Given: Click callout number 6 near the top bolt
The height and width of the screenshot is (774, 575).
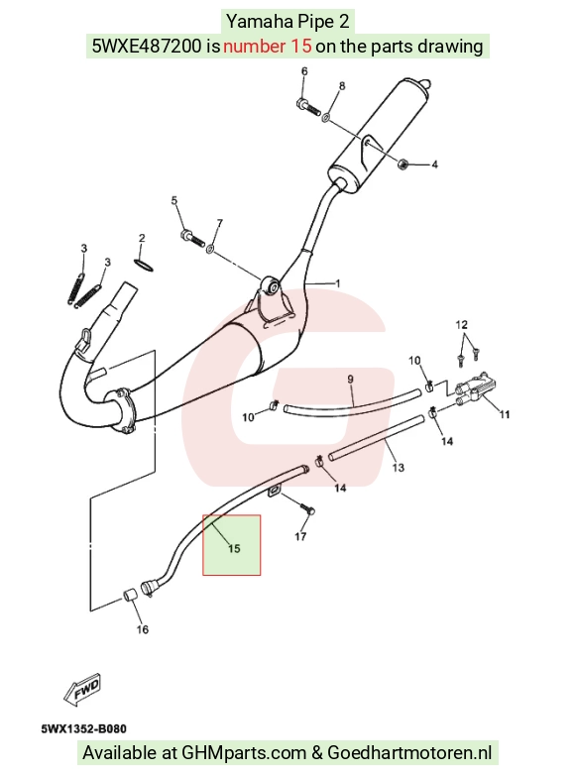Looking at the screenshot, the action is [x=304, y=71].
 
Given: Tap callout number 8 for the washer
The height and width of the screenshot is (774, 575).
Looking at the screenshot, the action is [x=342, y=86].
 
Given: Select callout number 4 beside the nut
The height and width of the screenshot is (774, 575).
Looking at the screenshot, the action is [x=434, y=165].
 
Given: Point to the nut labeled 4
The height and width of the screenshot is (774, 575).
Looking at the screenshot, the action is [x=402, y=164].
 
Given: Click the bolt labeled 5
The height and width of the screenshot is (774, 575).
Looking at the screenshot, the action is [x=192, y=238].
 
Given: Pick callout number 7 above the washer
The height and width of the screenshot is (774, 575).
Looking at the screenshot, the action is [x=219, y=223].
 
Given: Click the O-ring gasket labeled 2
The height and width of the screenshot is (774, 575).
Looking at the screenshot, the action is [x=144, y=265].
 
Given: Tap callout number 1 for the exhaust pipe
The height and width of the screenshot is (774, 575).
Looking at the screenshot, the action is [x=338, y=283].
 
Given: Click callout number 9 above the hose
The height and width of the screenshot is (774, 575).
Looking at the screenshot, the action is [x=350, y=380].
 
